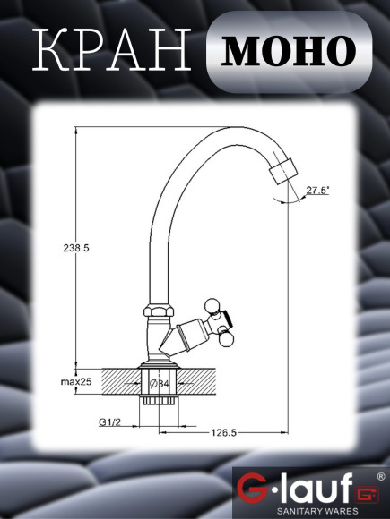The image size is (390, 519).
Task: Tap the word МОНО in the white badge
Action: pos(289,50)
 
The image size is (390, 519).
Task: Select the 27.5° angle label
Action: pos(317,190)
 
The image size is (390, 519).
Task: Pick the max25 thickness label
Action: pos(78,382)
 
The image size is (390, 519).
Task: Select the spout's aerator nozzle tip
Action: pos(285,171)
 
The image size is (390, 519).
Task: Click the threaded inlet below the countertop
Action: pos(158,404)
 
